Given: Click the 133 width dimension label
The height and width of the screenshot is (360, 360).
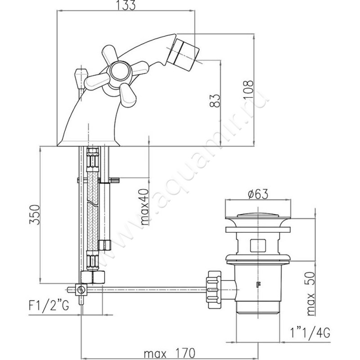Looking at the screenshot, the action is [126, 5].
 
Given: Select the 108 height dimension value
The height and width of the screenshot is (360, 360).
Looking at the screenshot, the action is [248, 89].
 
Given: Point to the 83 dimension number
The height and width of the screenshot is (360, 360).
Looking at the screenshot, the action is [215, 100].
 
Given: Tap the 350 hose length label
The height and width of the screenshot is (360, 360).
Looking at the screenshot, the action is [35, 215].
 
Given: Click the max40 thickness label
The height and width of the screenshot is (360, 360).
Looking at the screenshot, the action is [144, 207].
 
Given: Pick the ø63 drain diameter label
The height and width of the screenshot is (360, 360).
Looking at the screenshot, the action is [258, 194].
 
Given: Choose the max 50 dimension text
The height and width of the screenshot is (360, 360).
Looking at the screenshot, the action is [310, 294].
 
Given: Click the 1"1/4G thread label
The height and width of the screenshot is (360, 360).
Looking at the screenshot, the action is [310, 333].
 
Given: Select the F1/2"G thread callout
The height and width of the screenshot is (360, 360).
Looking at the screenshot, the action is [49, 306].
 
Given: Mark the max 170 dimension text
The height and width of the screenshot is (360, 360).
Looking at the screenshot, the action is [170, 353].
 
